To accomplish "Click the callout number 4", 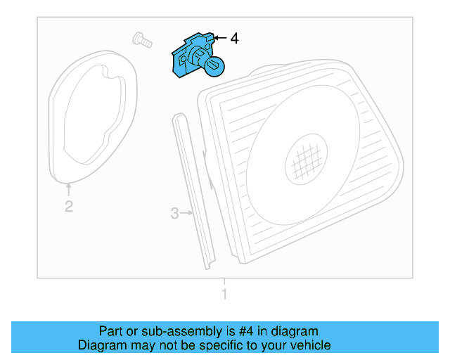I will pyautogui.click(x=234, y=39).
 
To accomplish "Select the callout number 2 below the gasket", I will pyautogui.click(x=68, y=207).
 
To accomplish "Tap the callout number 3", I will pyautogui.click(x=175, y=213).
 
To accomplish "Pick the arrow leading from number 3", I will pyautogui.click(x=188, y=212).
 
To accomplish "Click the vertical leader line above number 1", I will pyautogui.click(x=224, y=282).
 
